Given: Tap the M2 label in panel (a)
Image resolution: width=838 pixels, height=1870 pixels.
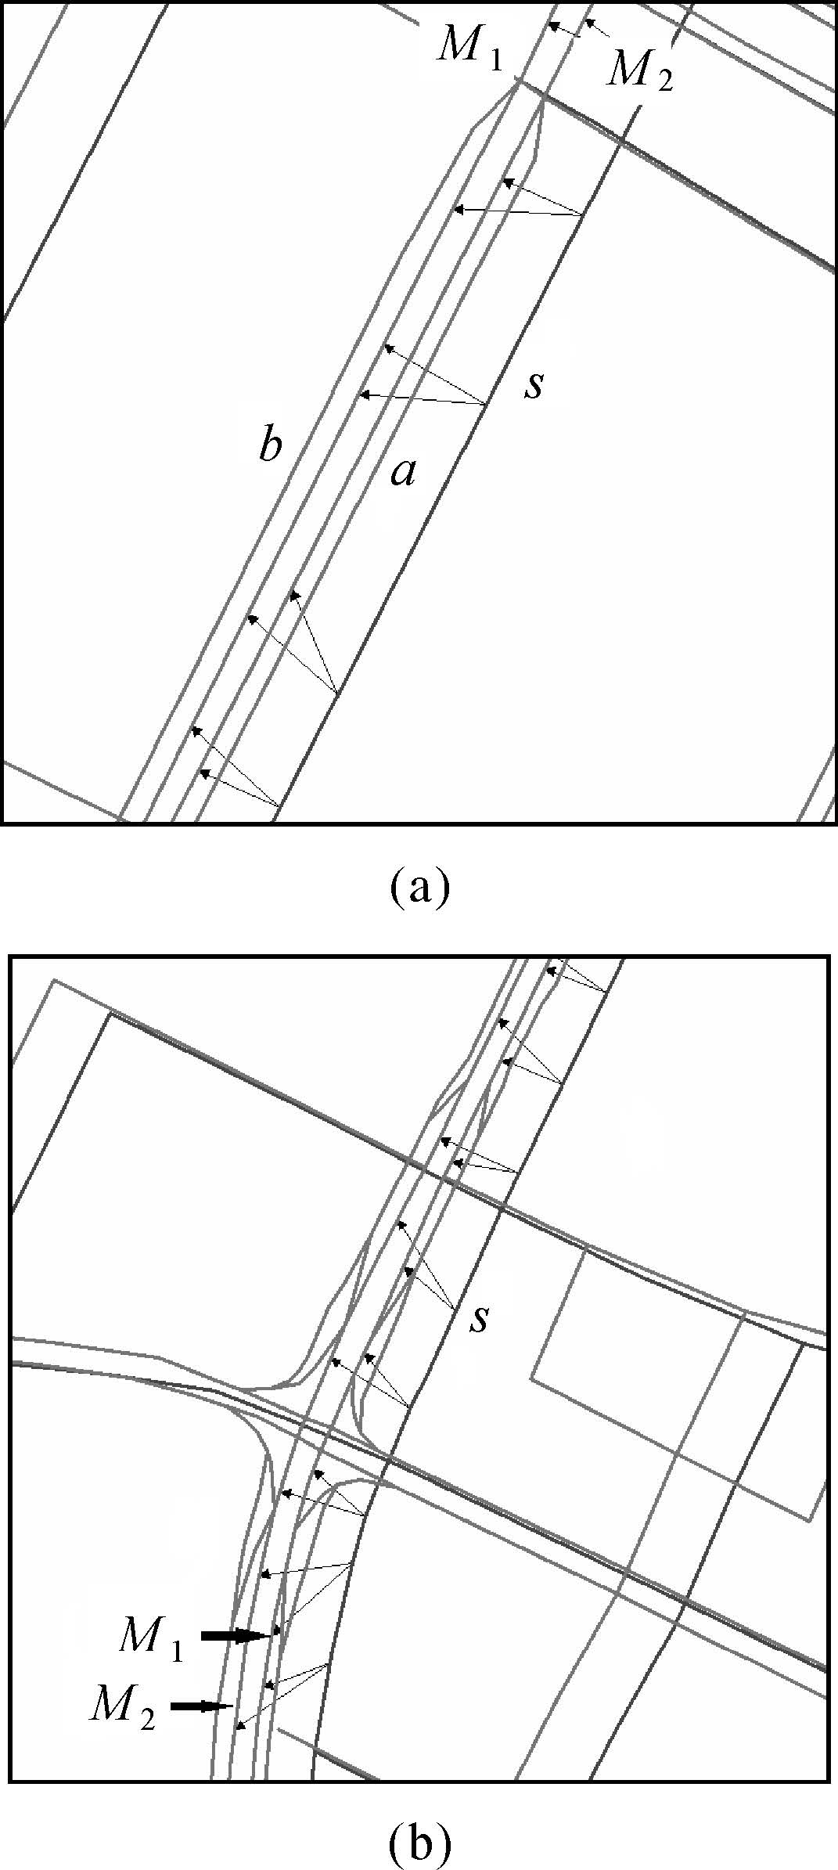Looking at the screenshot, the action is pos(639,72).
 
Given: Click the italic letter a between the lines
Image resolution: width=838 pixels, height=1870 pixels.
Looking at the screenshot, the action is pos(403,472).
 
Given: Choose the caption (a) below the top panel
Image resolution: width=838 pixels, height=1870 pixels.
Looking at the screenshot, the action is pos(419,886).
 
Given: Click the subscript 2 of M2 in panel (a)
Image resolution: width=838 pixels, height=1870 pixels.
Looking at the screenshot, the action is pos(664,80).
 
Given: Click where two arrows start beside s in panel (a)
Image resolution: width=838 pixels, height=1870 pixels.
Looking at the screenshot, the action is pos(486,404).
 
